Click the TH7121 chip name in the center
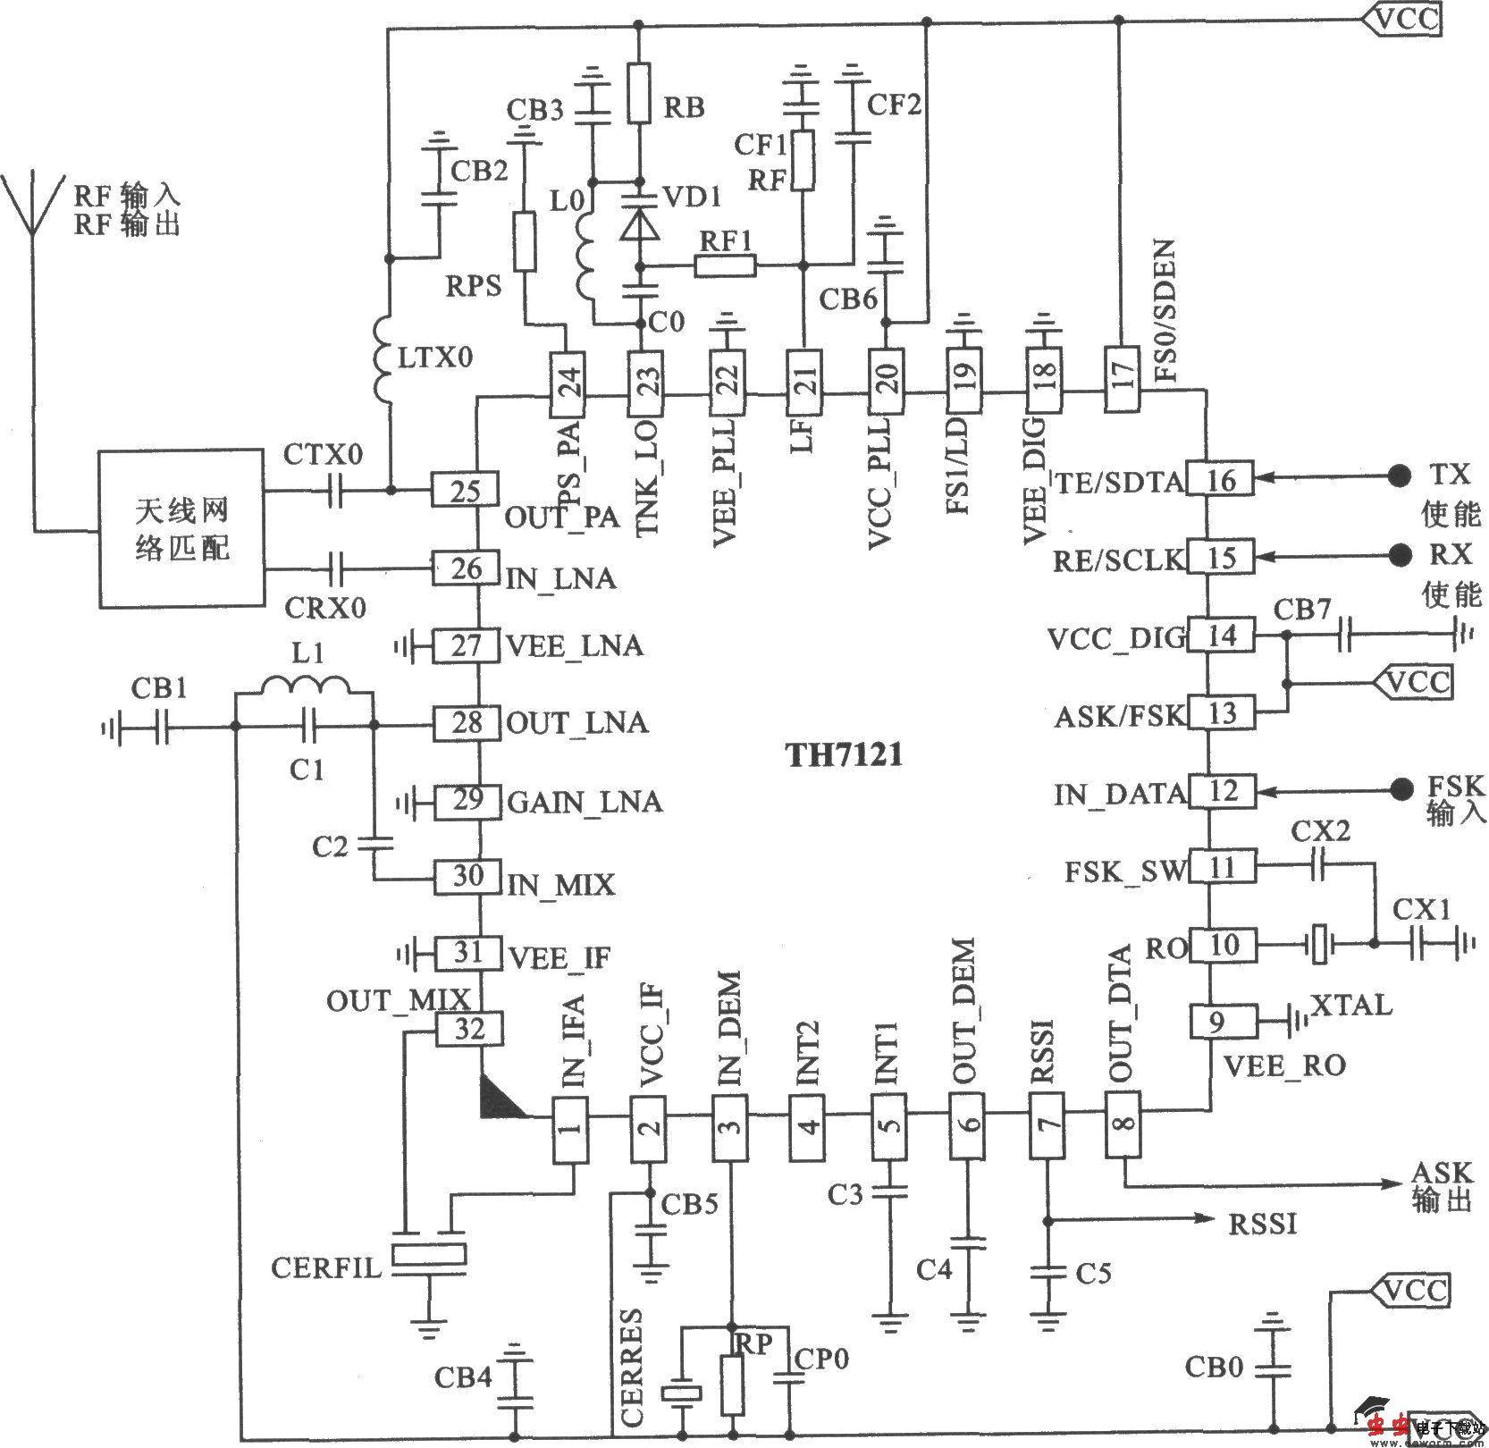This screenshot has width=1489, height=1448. (x=844, y=756)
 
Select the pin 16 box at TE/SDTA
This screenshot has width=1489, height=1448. (x=1221, y=480)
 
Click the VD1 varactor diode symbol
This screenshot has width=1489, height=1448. (x=640, y=225)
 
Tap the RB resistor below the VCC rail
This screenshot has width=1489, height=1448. (x=638, y=92)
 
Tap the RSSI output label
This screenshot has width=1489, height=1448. (x=1261, y=1224)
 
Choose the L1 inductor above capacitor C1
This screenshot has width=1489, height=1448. (x=305, y=687)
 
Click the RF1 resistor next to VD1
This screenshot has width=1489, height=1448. (x=725, y=265)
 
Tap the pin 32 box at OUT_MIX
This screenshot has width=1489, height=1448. (x=468, y=1030)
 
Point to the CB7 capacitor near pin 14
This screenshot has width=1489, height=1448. (x=1343, y=636)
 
